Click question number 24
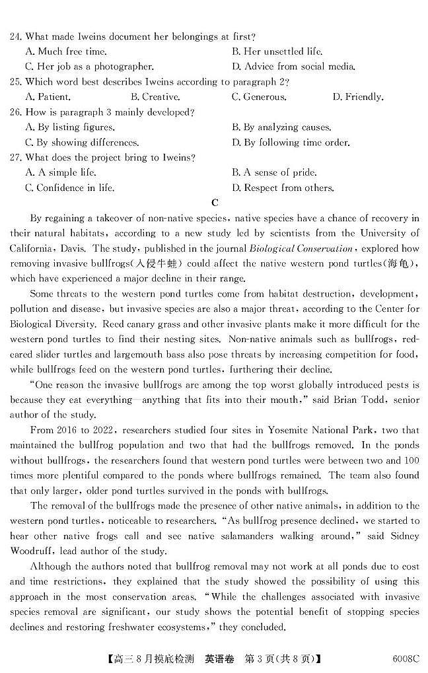[x=16, y=36]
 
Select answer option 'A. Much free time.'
[x=65, y=52]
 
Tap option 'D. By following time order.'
[x=291, y=143]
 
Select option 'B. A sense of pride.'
[x=274, y=173]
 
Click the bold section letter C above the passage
[x=214, y=203]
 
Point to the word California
[x=32, y=248]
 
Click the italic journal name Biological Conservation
[x=301, y=248]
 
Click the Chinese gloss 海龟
[x=399, y=264]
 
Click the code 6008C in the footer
[x=405, y=658]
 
